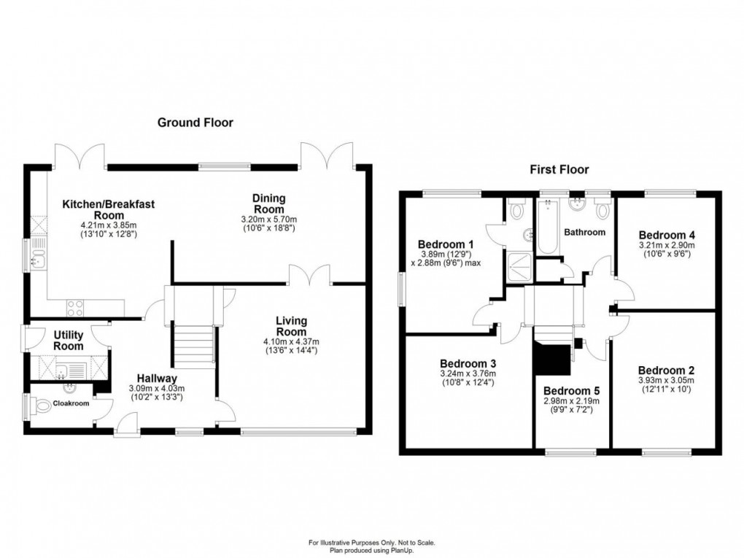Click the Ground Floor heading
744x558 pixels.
[x=195, y=123]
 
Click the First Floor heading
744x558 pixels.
[x=559, y=170]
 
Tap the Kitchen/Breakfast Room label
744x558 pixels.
[x=109, y=210]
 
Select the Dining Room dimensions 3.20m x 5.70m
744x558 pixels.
[x=269, y=220]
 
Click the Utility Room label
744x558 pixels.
[x=69, y=340]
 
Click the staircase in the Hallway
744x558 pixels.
[x=193, y=347]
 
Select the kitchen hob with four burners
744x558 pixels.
[x=76, y=308]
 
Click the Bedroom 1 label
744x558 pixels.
[x=446, y=244]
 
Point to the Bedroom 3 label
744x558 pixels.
[x=468, y=363]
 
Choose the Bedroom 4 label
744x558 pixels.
[x=667, y=235]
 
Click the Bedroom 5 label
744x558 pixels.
[x=572, y=389]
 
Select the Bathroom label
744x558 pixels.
[x=584, y=233]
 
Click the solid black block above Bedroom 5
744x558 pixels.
[x=552, y=357]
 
